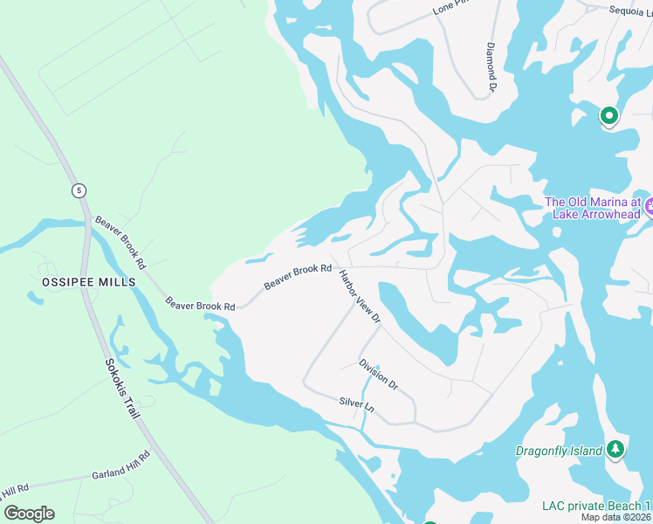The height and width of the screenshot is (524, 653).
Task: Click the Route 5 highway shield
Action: [79, 190]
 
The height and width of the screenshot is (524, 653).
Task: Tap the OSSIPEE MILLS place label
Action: [88, 282]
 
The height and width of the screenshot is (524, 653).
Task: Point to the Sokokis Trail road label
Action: [122, 388]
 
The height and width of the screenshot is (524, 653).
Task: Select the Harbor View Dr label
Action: [361, 297]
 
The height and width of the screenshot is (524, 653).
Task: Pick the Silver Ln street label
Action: [356, 406]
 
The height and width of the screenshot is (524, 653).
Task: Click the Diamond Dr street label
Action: [491, 68]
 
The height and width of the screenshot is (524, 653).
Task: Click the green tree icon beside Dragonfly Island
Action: [616, 449]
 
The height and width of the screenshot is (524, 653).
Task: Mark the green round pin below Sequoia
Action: [608, 114]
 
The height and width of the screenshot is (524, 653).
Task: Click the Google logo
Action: [29, 514]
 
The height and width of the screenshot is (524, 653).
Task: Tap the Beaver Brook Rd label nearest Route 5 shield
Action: [120, 242]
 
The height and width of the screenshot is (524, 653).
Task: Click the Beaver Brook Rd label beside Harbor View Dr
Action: [298, 277]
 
